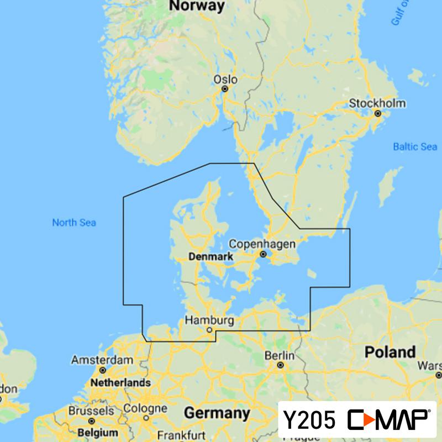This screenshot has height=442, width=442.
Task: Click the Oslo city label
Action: [x=225, y=80]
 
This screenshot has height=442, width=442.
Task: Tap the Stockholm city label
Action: [x=385, y=103]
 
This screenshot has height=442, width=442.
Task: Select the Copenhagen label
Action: [x=262, y=244]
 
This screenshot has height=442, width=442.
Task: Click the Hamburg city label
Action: [x=209, y=320]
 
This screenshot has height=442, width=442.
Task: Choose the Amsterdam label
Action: [x=102, y=360]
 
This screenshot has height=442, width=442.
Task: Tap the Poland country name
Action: [x=390, y=352]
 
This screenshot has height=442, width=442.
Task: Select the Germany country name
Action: [x=217, y=413]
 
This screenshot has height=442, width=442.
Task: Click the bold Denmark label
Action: [x=211, y=257]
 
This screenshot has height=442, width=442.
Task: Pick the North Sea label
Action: [x=74, y=223]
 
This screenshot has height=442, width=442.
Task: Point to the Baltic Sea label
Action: [x=415, y=147]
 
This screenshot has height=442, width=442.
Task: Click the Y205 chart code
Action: [x=309, y=421]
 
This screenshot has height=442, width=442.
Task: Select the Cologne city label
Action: [x=146, y=409]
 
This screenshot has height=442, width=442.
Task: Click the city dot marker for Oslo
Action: [x=225, y=88]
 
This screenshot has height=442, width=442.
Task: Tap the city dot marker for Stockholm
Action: [x=378, y=113]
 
